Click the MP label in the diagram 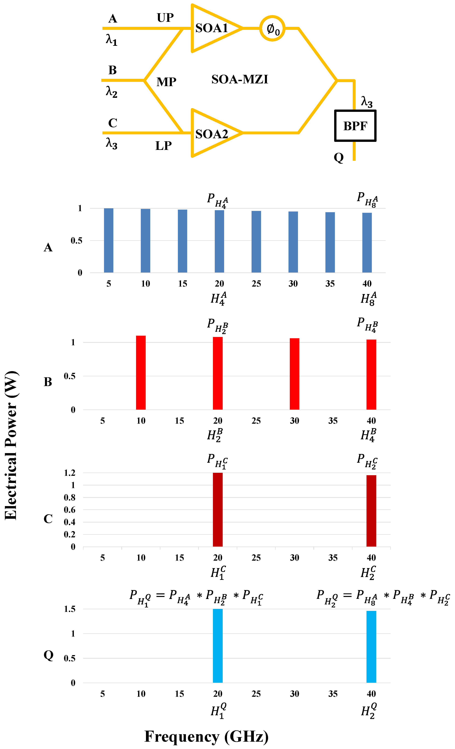166,82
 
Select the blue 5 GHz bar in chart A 109,240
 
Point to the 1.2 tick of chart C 70,473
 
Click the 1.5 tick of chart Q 70,609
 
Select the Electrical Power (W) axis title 11,445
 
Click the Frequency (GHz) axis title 206,736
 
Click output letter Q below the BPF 338,157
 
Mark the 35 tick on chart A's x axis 330,284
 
